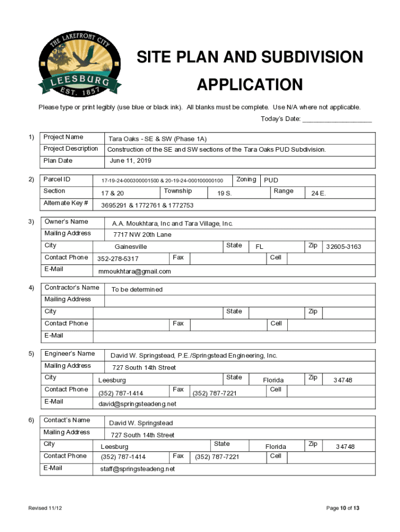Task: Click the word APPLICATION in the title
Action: [249, 85]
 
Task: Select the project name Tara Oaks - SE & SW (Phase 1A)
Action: [157, 139]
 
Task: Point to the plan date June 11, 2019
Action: [130, 161]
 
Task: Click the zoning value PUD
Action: [271, 180]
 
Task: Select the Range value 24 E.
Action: [318, 193]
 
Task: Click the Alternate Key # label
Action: [66, 203]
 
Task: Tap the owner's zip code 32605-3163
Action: [343, 246]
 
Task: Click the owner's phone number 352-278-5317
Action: [118, 259]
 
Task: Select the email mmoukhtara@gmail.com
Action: [135, 271]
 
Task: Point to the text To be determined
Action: [136, 289]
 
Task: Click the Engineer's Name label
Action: [70, 354]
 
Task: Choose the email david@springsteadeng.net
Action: [138, 404]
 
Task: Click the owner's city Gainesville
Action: [131, 247]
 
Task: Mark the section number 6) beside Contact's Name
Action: [32, 420]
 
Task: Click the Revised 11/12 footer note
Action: [45, 508]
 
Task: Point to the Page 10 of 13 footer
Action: [343, 508]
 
